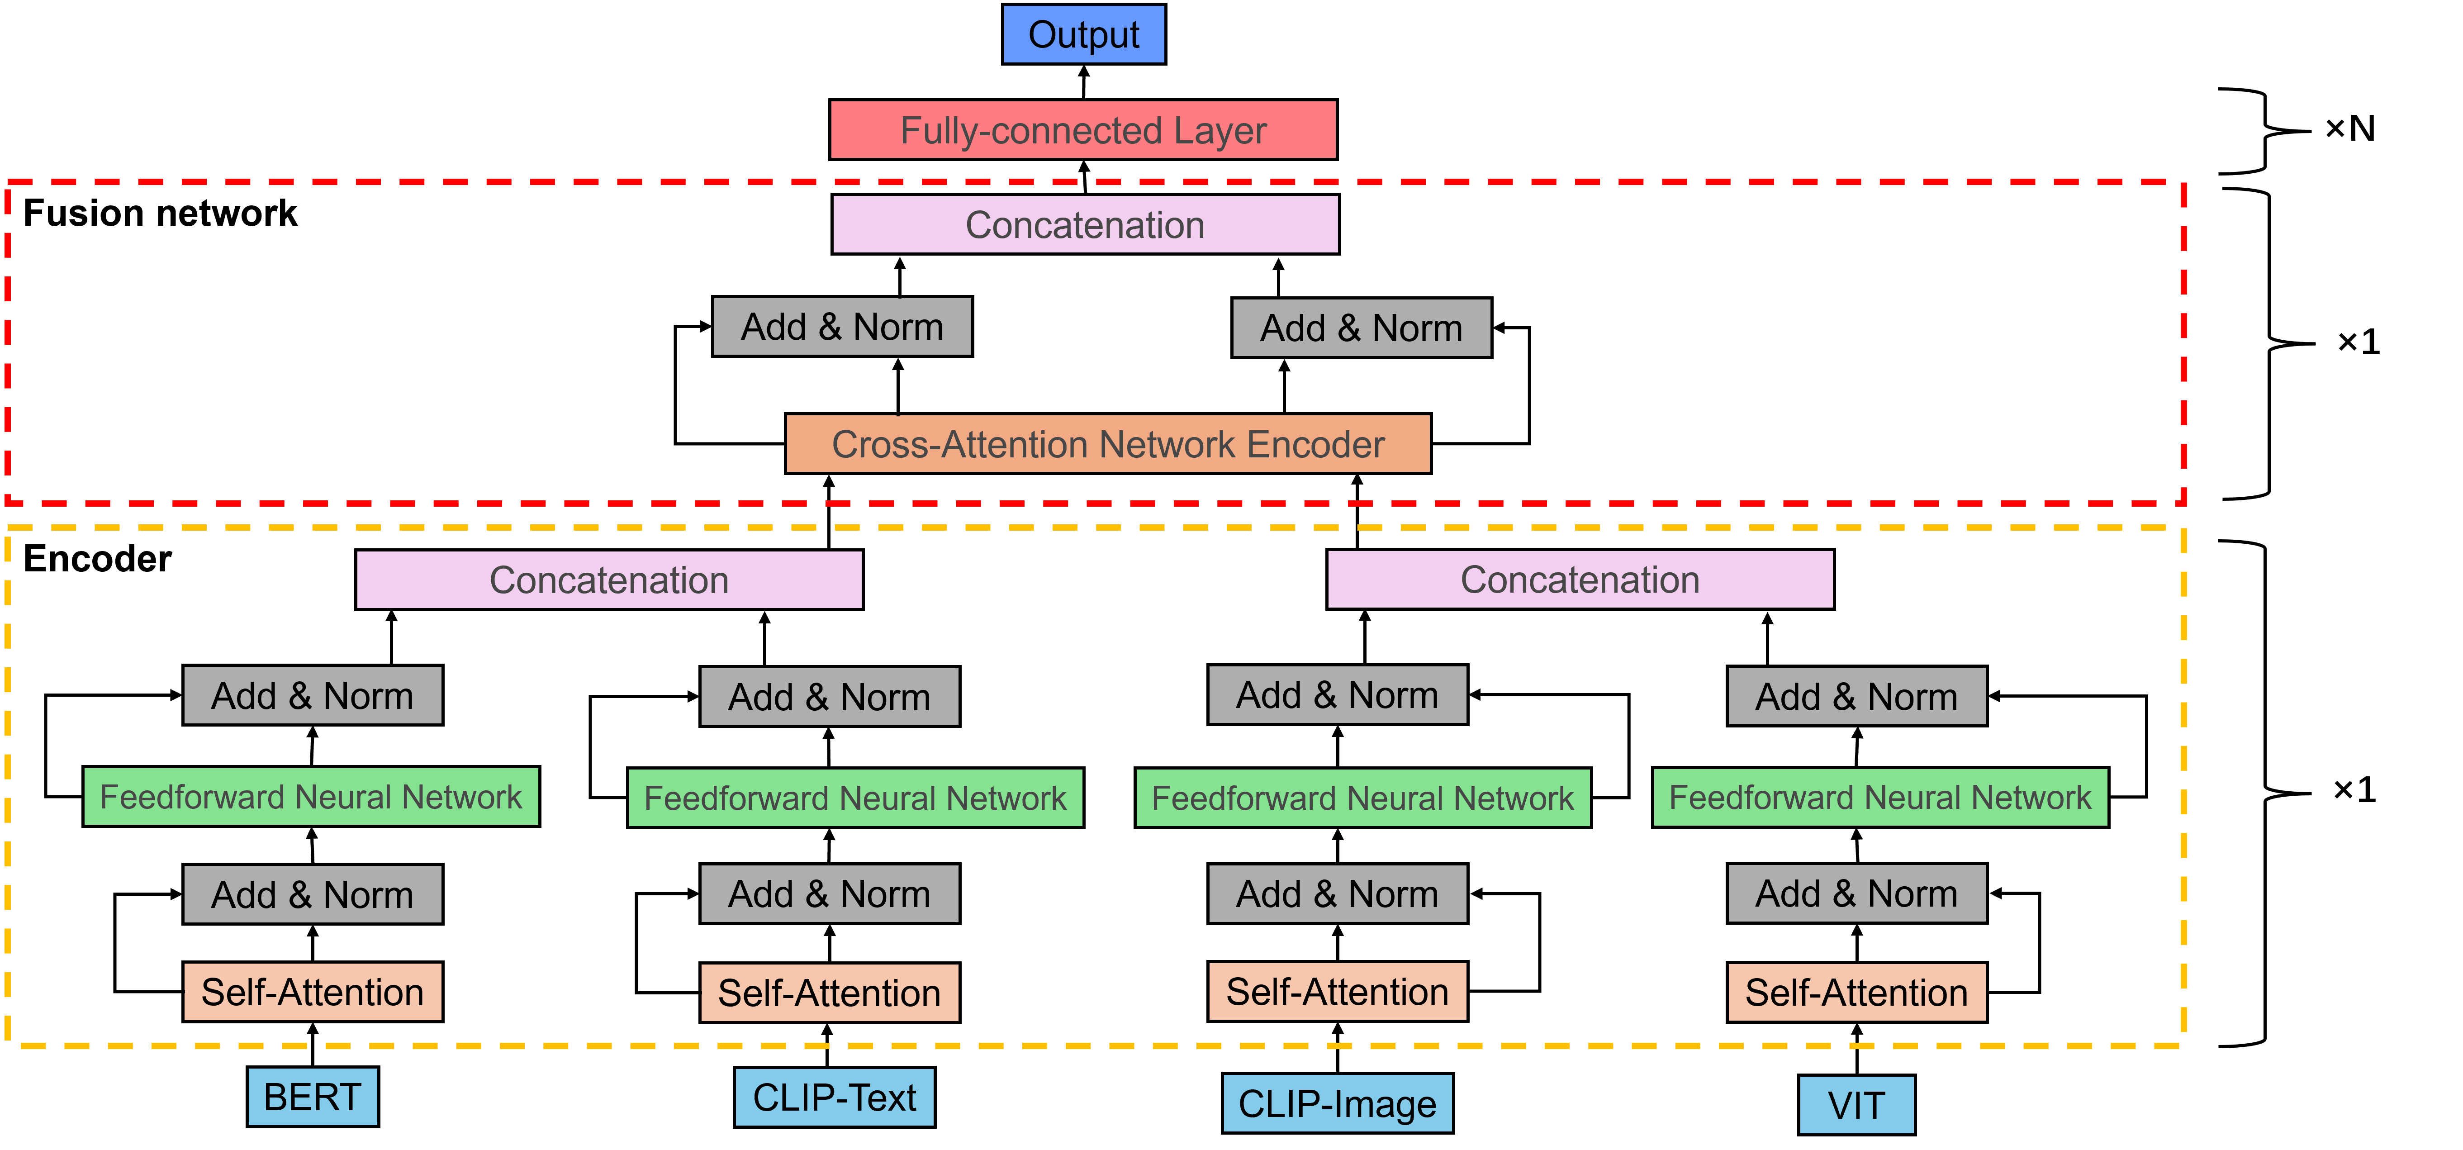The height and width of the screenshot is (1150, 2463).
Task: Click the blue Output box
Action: (x=1083, y=34)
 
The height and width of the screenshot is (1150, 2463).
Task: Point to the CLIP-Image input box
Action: (x=1337, y=1103)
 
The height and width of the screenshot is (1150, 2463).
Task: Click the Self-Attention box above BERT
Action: (x=313, y=992)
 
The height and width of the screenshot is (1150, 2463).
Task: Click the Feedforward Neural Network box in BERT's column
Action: (x=311, y=796)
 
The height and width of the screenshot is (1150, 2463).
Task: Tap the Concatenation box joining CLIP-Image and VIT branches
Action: (x=1580, y=580)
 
